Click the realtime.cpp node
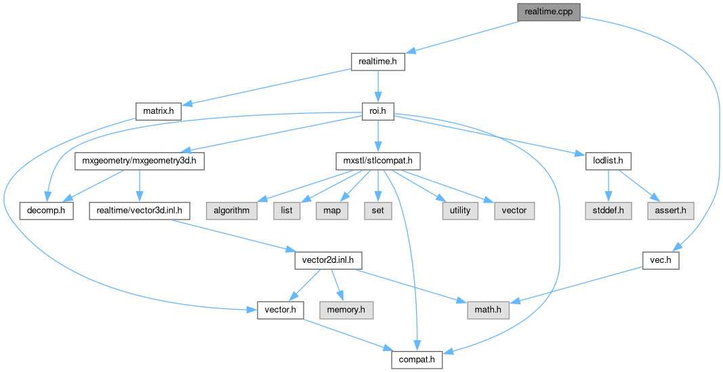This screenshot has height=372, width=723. pyautogui.click(x=548, y=12)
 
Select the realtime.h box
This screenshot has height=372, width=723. pyautogui.click(x=378, y=62)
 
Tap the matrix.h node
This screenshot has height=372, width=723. pyautogui.click(x=158, y=110)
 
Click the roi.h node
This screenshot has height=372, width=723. pyautogui.click(x=378, y=112)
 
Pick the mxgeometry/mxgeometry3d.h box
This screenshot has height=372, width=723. pyautogui.click(x=139, y=161)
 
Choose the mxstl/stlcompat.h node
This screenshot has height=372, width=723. pyautogui.click(x=378, y=161)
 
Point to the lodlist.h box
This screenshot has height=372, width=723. pyautogui.click(x=608, y=161)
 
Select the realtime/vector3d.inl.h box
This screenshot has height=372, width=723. pyautogui.click(x=139, y=211)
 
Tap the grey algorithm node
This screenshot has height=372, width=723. pyautogui.click(x=232, y=211)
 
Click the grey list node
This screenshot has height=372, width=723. pyautogui.click(x=287, y=211)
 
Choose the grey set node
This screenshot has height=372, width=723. pyautogui.click(x=377, y=211)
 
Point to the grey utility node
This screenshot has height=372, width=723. pyautogui.click(x=460, y=211)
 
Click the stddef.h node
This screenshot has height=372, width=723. pyautogui.click(x=608, y=211)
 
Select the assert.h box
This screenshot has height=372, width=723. pyautogui.click(x=670, y=211)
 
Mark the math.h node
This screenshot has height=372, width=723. pyautogui.click(x=488, y=310)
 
